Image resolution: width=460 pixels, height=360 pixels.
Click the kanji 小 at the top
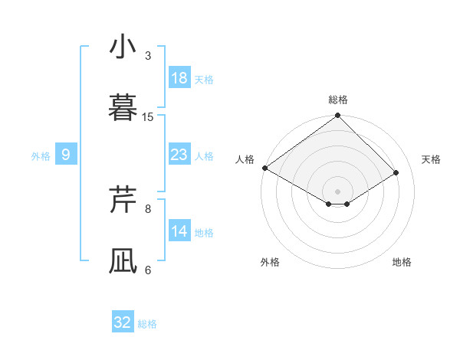(123, 47)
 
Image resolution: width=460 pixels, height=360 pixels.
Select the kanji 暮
(123, 108)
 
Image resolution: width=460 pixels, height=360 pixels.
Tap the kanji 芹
(123, 200)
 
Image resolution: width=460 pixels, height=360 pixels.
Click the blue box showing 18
(179, 78)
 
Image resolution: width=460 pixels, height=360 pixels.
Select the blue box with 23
(179, 155)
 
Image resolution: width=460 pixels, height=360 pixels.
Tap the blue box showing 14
(179, 231)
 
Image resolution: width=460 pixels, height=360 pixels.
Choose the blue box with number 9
(66, 155)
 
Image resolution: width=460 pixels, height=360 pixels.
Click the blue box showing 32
(123, 322)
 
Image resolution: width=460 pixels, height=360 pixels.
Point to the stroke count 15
(148, 117)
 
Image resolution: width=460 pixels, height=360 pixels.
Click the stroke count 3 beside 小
(148, 56)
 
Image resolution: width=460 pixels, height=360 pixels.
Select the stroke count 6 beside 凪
(148, 270)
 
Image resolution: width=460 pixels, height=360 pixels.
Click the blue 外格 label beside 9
(41, 156)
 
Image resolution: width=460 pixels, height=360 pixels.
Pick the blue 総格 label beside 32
(147, 324)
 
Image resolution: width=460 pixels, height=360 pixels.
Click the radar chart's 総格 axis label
(338, 100)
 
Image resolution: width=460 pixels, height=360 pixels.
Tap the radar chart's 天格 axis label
(432, 159)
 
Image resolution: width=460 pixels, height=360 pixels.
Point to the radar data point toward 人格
(264, 168)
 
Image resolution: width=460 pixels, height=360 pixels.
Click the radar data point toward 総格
(338, 116)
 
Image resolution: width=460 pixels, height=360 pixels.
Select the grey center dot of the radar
(338, 191)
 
